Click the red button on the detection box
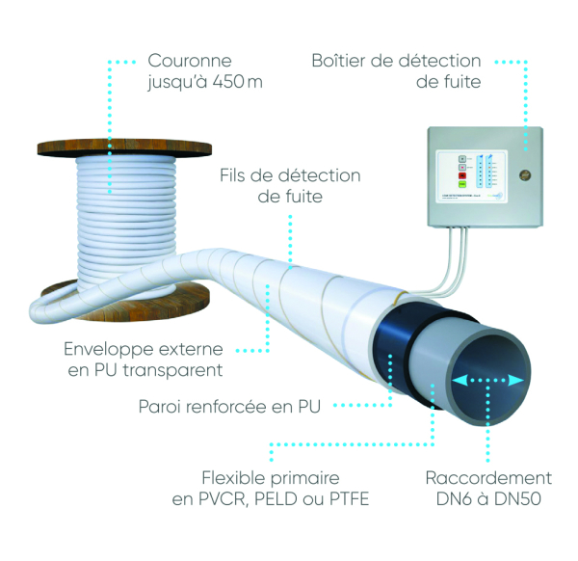pyautogui.click(x=461, y=174)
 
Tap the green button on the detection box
pyautogui.click(x=461, y=183)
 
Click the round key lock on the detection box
pyautogui.click(x=524, y=176)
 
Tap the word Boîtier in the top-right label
pyautogui.click(x=342, y=61)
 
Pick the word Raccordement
pyautogui.click(x=488, y=477)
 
